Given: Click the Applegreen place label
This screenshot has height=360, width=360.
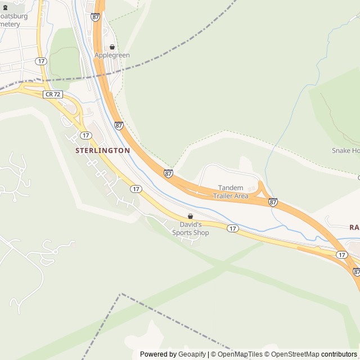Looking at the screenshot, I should click(x=112, y=55).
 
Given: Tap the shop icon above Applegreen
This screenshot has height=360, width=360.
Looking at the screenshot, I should click(x=112, y=47).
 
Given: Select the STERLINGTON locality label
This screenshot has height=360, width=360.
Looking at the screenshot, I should click(x=103, y=151).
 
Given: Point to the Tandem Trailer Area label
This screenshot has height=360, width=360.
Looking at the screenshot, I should click(x=231, y=192).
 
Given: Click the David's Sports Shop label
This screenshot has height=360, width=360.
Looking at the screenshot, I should click(x=190, y=228).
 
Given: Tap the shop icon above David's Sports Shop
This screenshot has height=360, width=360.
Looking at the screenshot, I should click(x=190, y=216).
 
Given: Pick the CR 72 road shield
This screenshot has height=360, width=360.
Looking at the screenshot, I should click(x=53, y=94).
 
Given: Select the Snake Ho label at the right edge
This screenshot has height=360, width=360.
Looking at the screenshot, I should click(x=345, y=151).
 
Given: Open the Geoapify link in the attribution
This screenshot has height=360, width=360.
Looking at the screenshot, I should click(x=192, y=354).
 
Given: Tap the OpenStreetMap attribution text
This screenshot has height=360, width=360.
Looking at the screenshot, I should click(x=292, y=354).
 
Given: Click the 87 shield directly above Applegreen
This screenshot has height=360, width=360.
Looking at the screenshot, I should click(x=95, y=17).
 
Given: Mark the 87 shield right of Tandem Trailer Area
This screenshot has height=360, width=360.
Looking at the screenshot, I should click(x=273, y=202).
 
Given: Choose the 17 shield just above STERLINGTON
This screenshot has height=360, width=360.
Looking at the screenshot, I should click(x=85, y=136).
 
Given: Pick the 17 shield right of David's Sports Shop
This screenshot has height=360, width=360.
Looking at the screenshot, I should click(x=233, y=228).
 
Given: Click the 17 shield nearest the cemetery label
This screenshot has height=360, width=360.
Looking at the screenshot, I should click(x=40, y=61).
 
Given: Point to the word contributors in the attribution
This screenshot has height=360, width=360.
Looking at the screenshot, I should click(x=339, y=354).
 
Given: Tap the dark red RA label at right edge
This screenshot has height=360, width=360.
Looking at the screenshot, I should click(x=354, y=227).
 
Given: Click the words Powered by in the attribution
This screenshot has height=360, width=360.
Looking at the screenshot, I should click(x=158, y=354).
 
